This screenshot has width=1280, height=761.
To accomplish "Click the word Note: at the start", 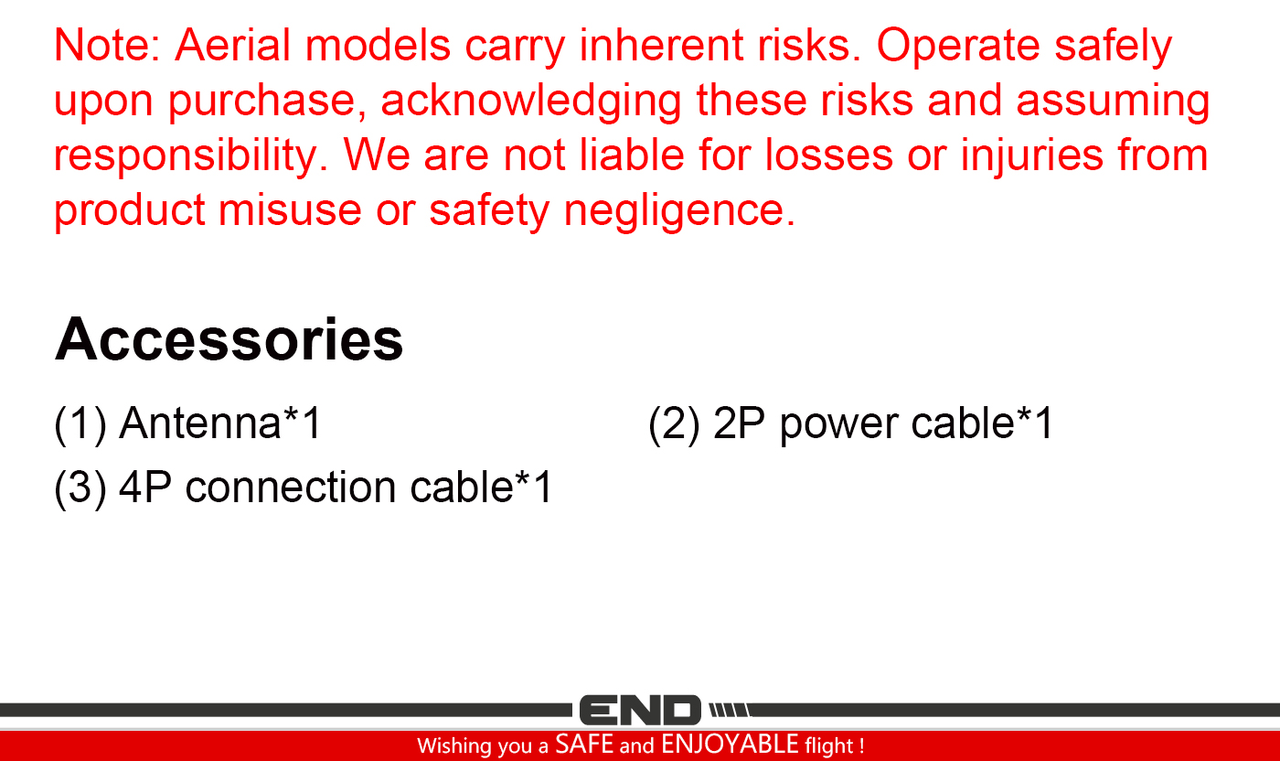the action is pos(108,45).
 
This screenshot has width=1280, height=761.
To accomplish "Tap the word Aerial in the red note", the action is pos(232,45).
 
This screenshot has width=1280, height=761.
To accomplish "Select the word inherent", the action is pos(661,45).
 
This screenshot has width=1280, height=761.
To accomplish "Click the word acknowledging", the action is pos(531,102).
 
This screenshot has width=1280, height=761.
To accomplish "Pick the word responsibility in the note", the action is pos(191,156).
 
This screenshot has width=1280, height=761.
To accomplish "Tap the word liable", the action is pos(632,155).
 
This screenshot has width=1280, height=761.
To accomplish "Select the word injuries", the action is pos(1031,156).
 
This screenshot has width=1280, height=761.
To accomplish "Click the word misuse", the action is pos(290,209).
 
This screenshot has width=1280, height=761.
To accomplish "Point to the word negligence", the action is pos(679,211).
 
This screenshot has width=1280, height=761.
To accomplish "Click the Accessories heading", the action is pos(229,339).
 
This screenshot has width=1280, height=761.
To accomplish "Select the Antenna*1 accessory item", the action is pos(219,423).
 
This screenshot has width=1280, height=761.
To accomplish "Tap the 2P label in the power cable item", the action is pos(739,423).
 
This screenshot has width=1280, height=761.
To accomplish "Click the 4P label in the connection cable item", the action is pos(145,488).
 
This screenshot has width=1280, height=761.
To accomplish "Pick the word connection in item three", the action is pos(291,488).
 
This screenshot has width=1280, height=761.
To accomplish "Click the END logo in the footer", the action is pos(640,710).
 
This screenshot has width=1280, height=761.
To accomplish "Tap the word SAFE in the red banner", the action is pos(584,745).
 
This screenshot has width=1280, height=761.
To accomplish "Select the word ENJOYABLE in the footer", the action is pos(730,745).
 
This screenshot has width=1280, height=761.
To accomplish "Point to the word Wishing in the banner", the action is pos(453,746).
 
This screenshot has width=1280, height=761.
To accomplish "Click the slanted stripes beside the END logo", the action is pos(730,710).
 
